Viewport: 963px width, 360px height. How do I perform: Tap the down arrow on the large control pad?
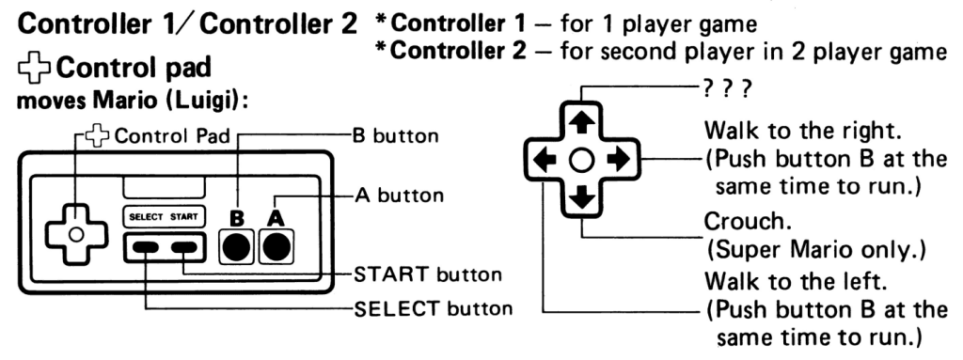[581, 196]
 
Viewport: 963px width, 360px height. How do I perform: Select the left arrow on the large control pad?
[545, 161]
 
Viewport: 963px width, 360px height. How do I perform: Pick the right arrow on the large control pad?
[618, 161]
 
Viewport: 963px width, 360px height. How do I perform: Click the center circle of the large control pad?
[581, 161]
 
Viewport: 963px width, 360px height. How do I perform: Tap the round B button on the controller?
[236, 247]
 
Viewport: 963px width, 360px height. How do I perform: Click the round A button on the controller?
[276, 247]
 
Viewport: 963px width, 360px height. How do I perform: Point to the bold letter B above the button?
[236, 219]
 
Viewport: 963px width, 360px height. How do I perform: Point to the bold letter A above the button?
[276, 219]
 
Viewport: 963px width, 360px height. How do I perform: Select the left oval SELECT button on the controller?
[146, 247]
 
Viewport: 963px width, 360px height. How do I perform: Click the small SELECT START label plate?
[164, 217]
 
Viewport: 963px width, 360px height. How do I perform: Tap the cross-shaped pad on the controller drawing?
[76, 234]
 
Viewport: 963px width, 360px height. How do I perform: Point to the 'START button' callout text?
[428, 274]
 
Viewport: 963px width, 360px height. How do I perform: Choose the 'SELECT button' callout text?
[433, 307]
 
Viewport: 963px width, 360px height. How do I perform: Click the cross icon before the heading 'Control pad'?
[35, 69]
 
